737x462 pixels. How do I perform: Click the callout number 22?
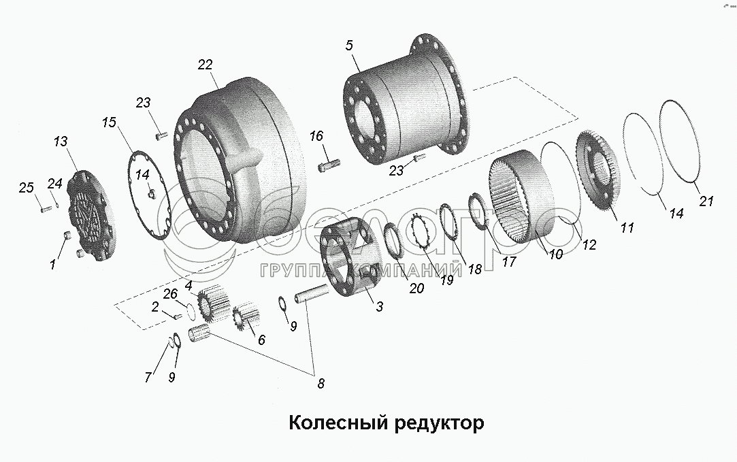click(x=205, y=65)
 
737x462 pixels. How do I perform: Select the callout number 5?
click(x=349, y=46)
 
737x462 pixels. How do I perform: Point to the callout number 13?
click(x=61, y=142)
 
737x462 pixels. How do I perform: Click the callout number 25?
click(x=26, y=187)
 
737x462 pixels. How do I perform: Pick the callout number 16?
click(x=316, y=136)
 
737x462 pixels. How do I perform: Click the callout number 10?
click(x=556, y=254)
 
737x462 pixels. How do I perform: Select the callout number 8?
click(x=321, y=383)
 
